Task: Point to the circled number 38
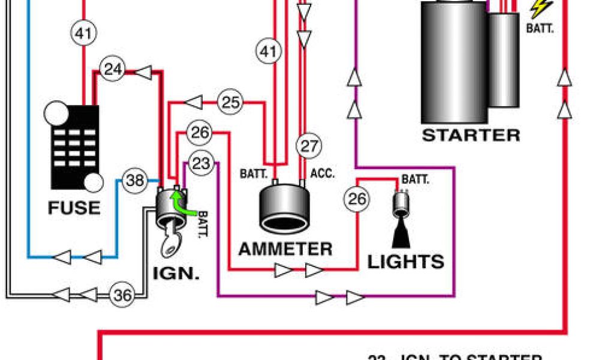tap(136, 179)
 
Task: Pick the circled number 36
tap(122, 295)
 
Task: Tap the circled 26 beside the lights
tap(357, 199)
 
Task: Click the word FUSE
tap(74, 208)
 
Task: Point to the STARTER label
tap(471, 135)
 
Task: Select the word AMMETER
tap(285, 248)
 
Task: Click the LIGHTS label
tap(406, 262)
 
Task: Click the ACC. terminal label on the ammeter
tap(323, 174)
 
